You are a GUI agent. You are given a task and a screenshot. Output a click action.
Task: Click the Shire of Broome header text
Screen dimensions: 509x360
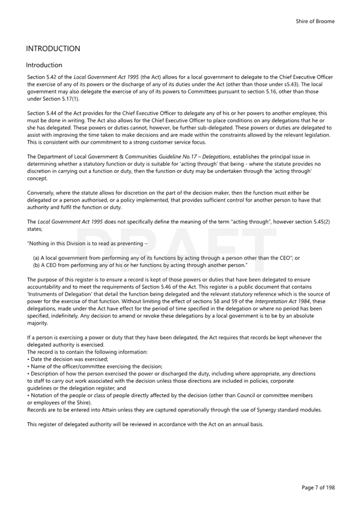(315, 21)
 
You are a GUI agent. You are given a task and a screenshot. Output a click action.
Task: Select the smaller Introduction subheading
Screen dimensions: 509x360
(44, 65)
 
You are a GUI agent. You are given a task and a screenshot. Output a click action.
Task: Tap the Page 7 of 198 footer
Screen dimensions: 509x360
(318, 487)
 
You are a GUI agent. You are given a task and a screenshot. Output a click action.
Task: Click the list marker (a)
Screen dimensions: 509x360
(36, 258)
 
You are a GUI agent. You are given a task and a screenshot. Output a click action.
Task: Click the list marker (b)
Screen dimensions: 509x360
(36, 265)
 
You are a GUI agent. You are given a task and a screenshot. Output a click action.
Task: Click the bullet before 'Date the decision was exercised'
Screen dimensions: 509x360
(28, 359)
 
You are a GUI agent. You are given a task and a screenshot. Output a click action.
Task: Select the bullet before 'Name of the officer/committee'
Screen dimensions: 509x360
(28, 366)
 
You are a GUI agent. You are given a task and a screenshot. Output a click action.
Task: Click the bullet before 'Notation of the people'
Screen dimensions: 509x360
(28, 395)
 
